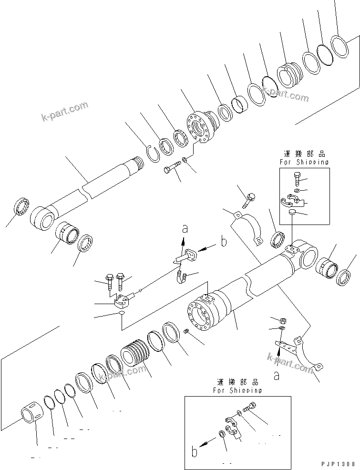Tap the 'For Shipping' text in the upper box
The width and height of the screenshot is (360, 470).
click(304, 162)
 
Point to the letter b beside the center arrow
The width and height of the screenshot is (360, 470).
click(223, 242)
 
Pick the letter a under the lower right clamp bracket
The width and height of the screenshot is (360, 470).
click(276, 376)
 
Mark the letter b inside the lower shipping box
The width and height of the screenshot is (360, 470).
click(194, 450)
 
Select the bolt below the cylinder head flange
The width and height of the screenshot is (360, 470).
click(173, 168)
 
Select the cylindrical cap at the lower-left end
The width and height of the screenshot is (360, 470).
click(33, 413)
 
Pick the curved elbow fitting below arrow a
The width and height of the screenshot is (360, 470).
click(180, 276)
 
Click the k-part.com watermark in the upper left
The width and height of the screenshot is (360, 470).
click(64, 110)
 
